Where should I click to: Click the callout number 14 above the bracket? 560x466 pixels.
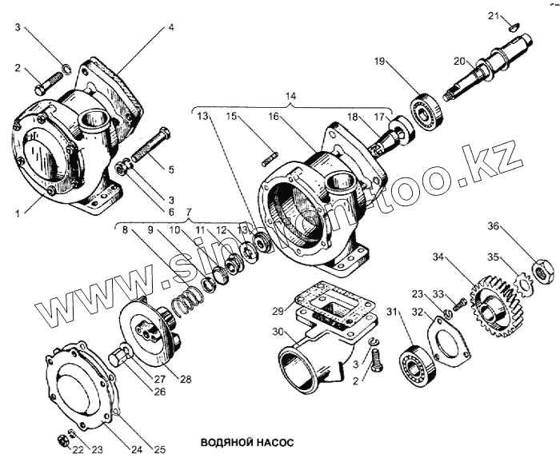pyautogui.click(x=291, y=97)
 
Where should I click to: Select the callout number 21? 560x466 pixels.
pyautogui.click(x=493, y=16)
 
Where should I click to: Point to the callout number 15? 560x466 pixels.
pyautogui.click(x=230, y=116)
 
